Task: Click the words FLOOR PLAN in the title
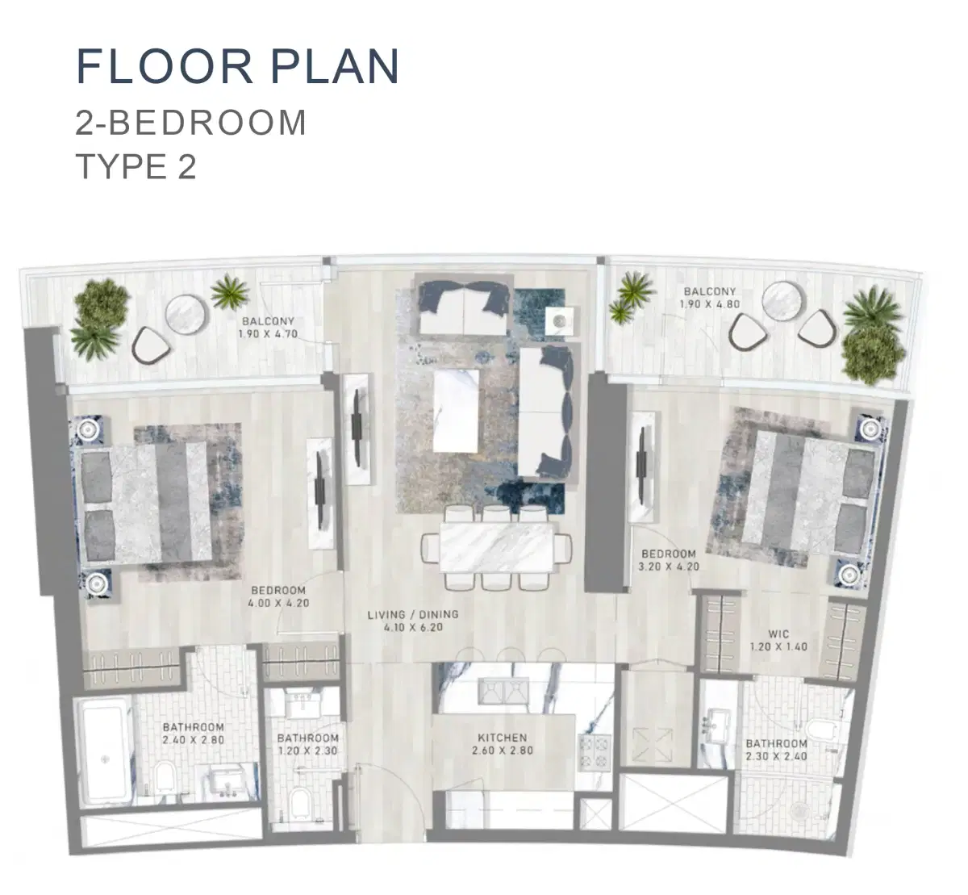tap(238, 66)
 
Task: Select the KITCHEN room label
tap(502, 738)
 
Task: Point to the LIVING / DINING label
tap(412, 614)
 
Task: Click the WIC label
tap(779, 634)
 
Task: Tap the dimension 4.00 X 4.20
tap(280, 602)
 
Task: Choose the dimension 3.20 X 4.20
tap(669, 567)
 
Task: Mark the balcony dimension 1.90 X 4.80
tap(710, 304)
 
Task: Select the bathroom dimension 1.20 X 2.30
tap(307, 750)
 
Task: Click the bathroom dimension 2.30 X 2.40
tap(776, 756)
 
